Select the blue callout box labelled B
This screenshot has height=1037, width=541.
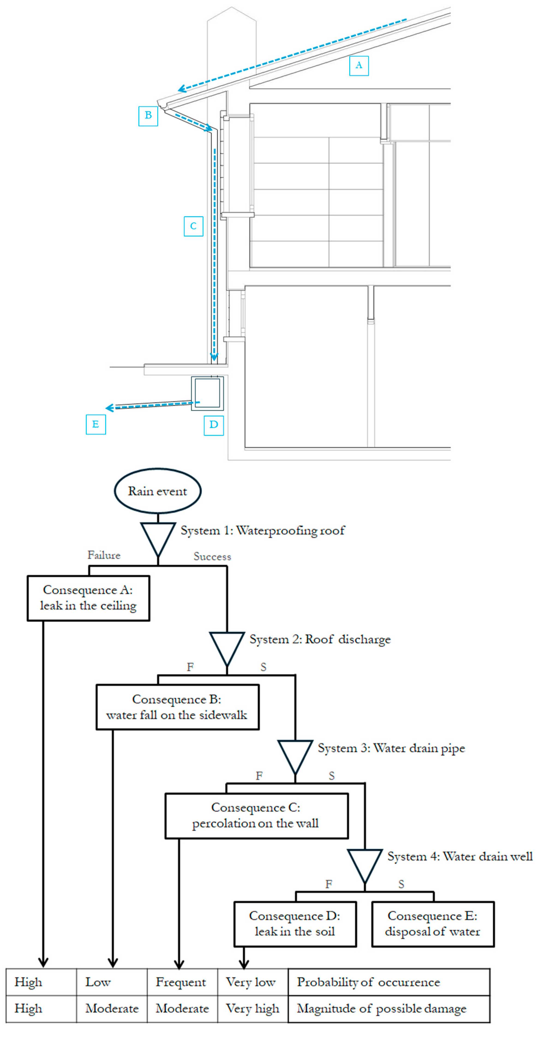(x=148, y=116)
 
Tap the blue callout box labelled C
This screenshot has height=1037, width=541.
(x=193, y=226)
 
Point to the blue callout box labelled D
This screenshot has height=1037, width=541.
(x=213, y=425)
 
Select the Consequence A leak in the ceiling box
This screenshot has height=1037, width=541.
(x=88, y=598)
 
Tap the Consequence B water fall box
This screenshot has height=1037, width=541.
(x=177, y=707)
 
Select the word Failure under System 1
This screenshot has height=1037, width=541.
(x=104, y=555)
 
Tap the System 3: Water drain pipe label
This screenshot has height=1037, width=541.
(x=391, y=748)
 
